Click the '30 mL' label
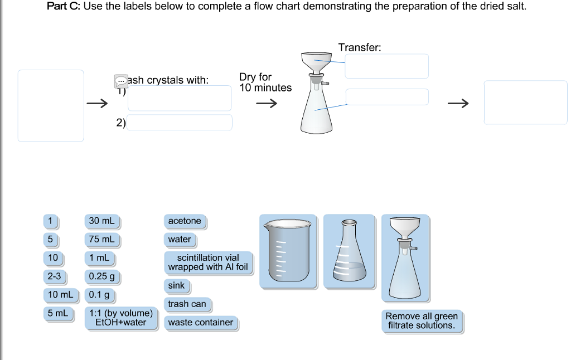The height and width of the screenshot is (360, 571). click(x=101, y=221)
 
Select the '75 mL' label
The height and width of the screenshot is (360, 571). click(x=101, y=240)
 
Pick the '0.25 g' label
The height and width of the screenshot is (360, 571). click(x=101, y=276)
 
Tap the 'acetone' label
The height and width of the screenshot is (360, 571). click(x=185, y=221)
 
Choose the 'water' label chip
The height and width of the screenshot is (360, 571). click(x=180, y=240)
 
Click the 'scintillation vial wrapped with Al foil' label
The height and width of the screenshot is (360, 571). click(x=208, y=262)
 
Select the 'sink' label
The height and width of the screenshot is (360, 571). click(x=176, y=286)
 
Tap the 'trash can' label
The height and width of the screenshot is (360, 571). click(x=187, y=304)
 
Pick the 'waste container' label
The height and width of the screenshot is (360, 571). click(x=201, y=323)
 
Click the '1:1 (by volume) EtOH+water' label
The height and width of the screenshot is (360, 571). click(x=121, y=318)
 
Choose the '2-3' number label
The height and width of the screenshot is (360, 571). click(x=54, y=276)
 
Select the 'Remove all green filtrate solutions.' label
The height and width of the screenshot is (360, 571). click(x=422, y=321)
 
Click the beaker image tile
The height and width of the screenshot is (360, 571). click(x=288, y=251)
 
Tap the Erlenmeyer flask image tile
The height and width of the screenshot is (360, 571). click(x=349, y=251)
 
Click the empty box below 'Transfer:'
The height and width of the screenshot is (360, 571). click(x=386, y=66)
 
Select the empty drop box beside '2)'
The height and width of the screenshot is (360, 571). click(x=179, y=123)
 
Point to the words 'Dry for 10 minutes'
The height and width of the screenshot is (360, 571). click(x=265, y=82)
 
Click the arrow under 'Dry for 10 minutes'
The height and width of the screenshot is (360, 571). click(x=266, y=104)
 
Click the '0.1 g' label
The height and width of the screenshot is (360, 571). click(x=99, y=295)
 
